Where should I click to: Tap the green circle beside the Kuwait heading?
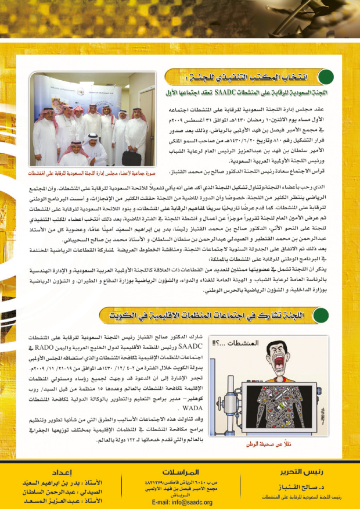321,316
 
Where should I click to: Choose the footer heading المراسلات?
181,471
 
